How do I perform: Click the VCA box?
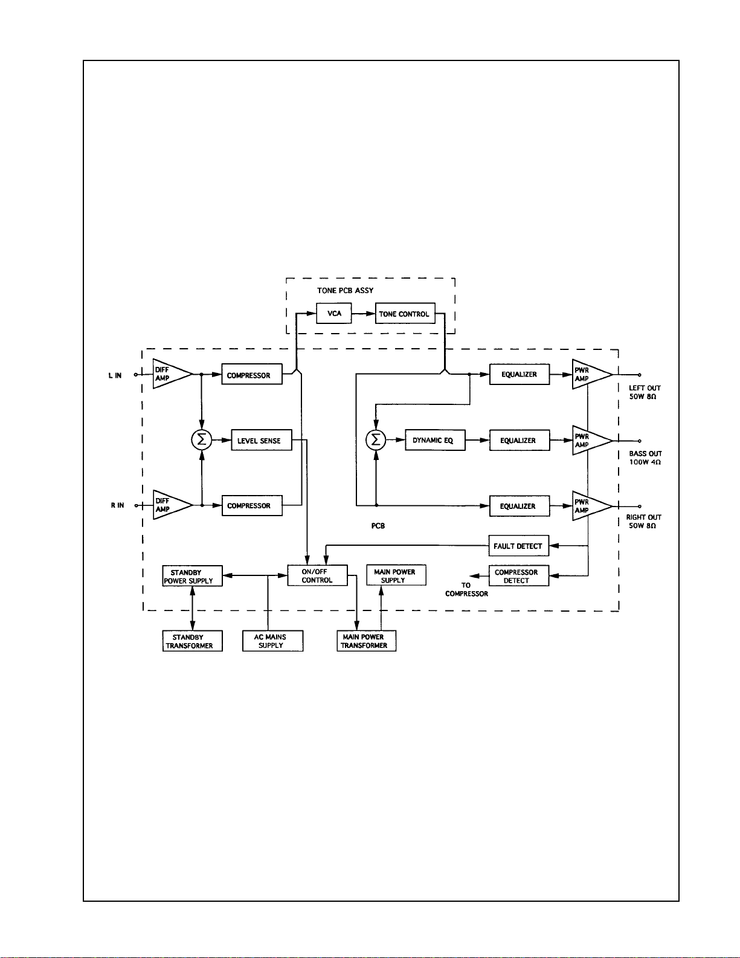334,313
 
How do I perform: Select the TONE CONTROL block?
405,313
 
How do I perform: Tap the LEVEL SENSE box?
261,440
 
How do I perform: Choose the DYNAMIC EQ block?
435,440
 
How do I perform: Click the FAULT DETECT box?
519,546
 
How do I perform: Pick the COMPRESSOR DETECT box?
519,576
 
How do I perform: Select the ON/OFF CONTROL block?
317,575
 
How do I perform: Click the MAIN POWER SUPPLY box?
396,575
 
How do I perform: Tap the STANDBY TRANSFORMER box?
192,641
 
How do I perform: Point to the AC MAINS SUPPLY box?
272,641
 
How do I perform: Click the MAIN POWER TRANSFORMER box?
367,641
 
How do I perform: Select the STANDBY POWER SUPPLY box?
192,576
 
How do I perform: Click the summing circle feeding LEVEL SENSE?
202,440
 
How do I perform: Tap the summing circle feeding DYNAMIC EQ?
376,440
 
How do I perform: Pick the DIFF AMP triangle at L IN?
172,374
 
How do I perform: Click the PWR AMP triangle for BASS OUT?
592,440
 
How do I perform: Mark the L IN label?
115,375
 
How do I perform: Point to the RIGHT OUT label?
643,517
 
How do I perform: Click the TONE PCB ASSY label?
346,291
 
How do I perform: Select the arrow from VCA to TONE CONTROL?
364,314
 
